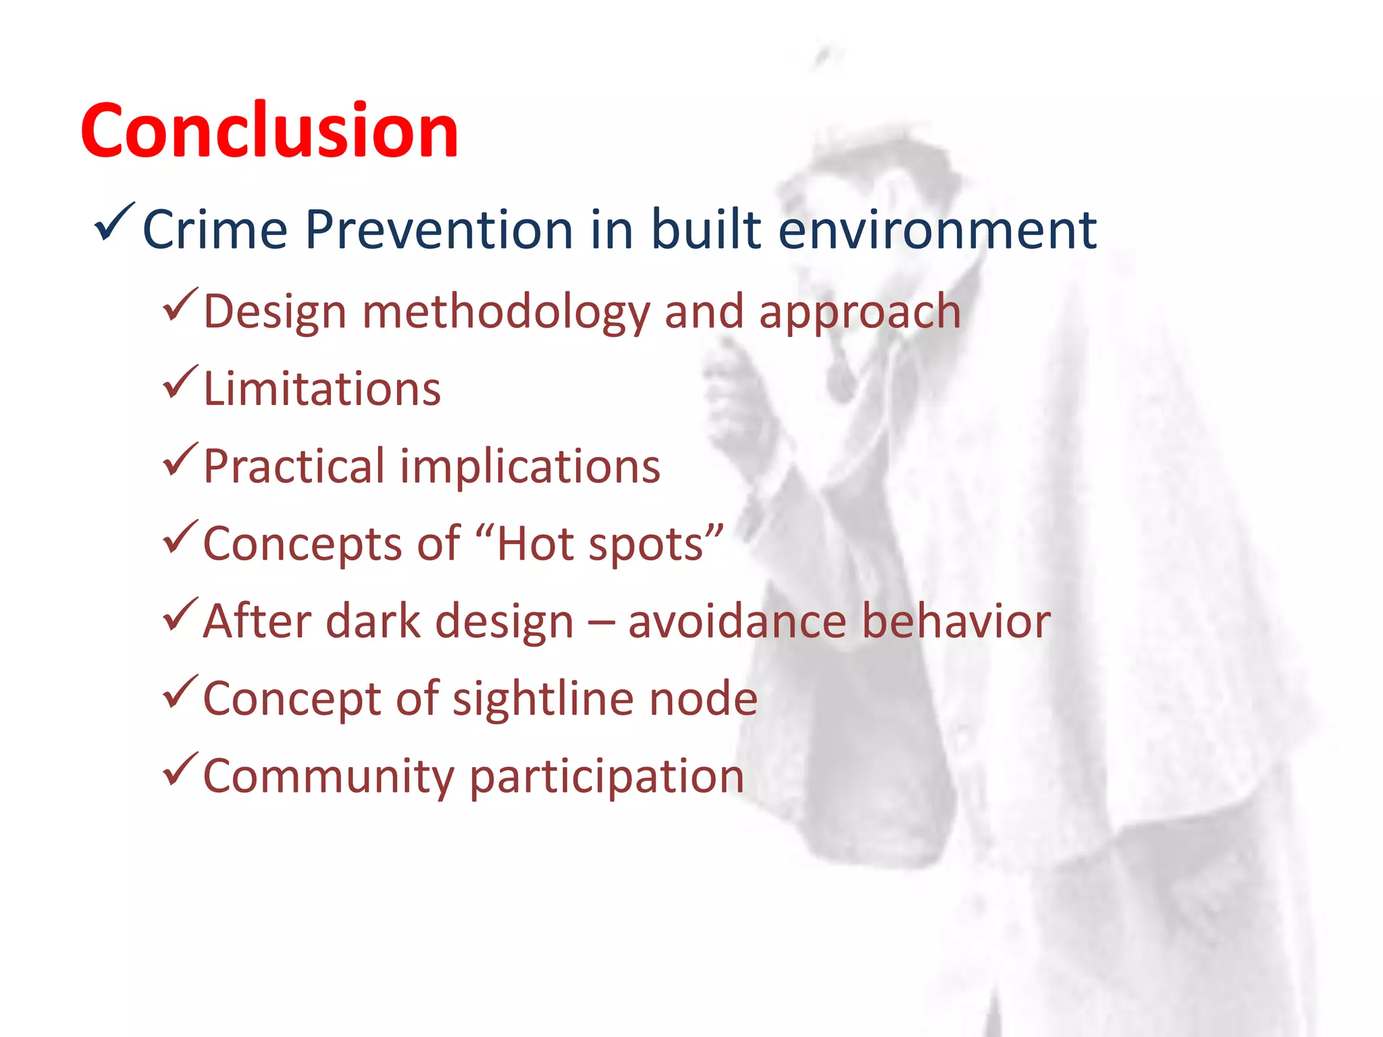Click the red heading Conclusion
[x=269, y=131]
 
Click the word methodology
[x=506, y=313]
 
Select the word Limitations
[x=322, y=390]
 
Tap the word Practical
[x=294, y=467]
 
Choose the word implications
[x=530, y=467]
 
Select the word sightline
[x=543, y=699]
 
